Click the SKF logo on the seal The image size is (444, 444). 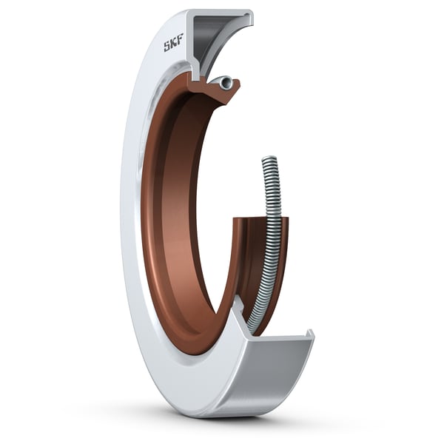coord(173,46)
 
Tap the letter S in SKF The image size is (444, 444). coord(167,47)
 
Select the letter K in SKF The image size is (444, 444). coord(173,46)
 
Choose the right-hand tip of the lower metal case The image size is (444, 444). coord(311,337)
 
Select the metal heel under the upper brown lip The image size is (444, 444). coord(198,74)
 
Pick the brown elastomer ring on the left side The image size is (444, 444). coord(159,222)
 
